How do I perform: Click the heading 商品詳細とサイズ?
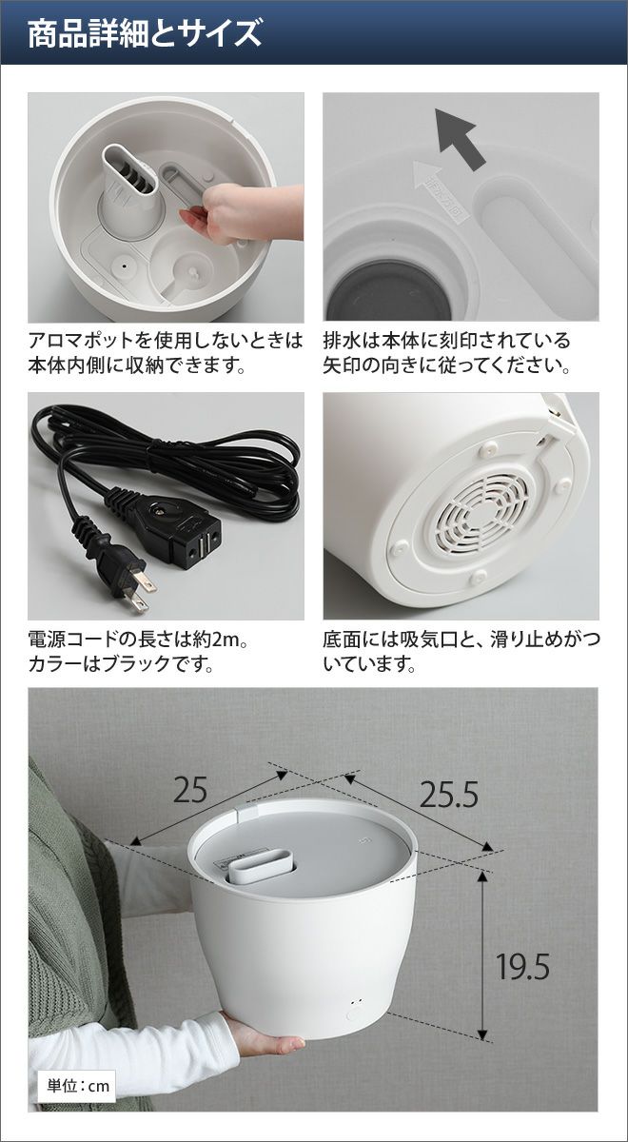pyautogui.click(x=145, y=33)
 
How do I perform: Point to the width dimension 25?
pyautogui.click(x=190, y=790)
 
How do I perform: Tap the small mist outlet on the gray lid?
pyautogui.click(x=260, y=867)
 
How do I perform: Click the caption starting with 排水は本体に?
pyautogui.click(x=446, y=352)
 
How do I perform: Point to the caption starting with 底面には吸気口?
pyautogui.click(x=461, y=651)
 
